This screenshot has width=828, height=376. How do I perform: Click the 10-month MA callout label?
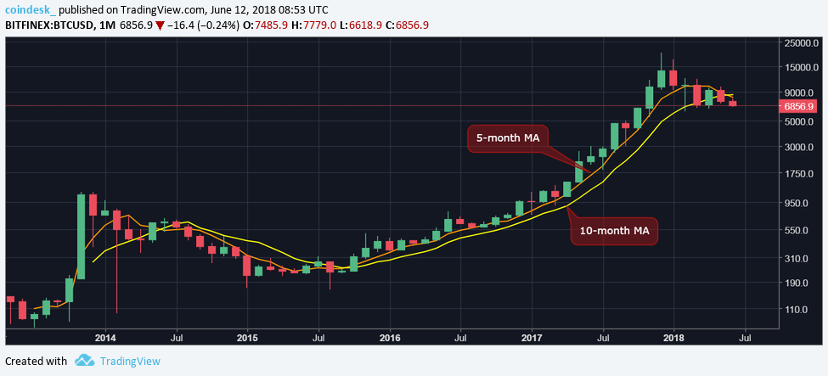point(614,231)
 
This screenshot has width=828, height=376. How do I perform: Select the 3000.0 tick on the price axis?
point(801,147)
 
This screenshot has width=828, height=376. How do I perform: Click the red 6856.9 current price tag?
point(800,106)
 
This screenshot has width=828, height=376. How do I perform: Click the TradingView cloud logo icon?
point(84,361)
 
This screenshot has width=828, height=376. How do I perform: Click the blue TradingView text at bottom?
point(129,361)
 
